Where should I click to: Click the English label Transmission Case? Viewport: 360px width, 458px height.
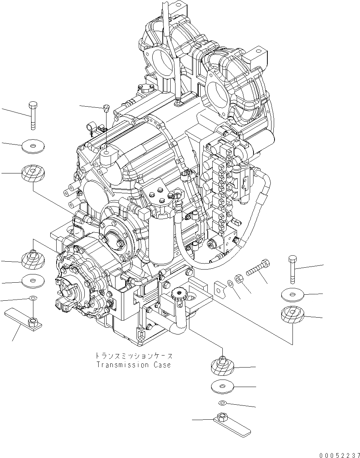(133, 365)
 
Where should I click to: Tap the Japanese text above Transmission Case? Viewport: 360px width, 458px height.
(133, 355)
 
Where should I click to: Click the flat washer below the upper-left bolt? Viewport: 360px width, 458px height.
(33, 146)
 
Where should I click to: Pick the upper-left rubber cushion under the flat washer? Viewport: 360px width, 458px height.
(33, 173)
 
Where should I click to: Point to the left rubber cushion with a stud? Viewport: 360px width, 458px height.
(33, 259)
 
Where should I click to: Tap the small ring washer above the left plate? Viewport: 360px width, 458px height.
(33, 298)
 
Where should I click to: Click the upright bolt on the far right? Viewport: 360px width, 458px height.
(293, 269)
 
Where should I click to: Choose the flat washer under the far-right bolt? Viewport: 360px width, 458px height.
(293, 295)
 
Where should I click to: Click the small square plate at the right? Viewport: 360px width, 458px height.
(220, 288)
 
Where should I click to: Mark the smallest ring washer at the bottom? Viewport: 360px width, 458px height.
(222, 403)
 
